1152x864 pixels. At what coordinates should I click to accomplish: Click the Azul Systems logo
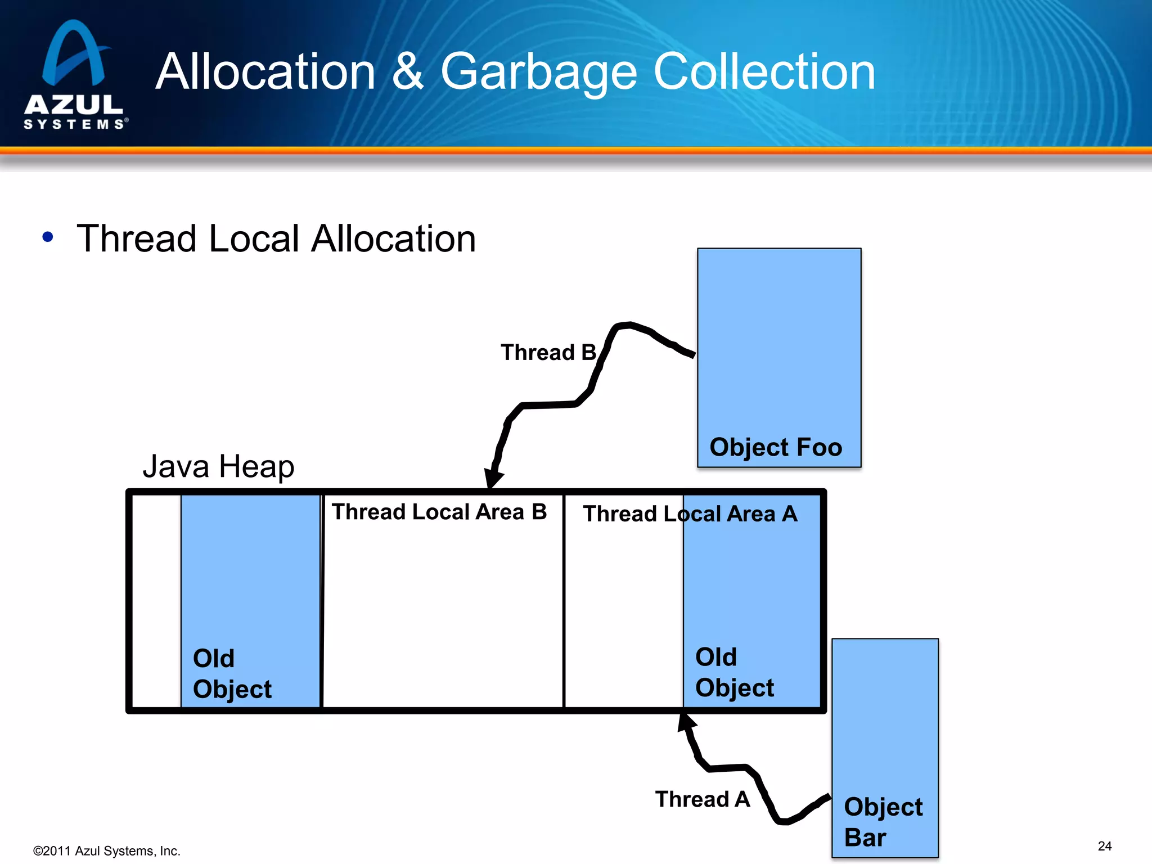pyautogui.click(x=74, y=75)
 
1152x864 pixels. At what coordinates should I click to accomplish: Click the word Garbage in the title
pyautogui.click(x=538, y=72)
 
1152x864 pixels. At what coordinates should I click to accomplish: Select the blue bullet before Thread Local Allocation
pyautogui.click(x=48, y=237)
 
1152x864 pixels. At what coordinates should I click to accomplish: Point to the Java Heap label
pyautogui.click(x=218, y=466)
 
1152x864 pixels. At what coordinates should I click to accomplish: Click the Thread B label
pyautogui.click(x=548, y=353)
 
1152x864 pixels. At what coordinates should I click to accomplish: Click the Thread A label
pyautogui.click(x=702, y=799)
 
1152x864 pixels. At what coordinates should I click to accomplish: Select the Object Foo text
pyautogui.click(x=776, y=447)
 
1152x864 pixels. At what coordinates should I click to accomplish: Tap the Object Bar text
pyautogui.click(x=883, y=822)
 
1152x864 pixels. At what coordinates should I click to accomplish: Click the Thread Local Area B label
pyautogui.click(x=439, y=512)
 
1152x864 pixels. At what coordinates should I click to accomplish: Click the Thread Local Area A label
pyautogui.click(x=690, y=514)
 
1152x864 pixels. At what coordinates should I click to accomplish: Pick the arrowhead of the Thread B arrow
pyautogui.click(x=493, y=478)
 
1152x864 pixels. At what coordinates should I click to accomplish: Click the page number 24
pyautogui.click(x=1105, y=846)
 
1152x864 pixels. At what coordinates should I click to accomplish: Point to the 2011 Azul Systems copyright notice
pyautogui.click(x=106, y=851)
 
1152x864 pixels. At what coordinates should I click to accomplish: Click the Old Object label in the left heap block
pyautogui.click(x=232, y=673)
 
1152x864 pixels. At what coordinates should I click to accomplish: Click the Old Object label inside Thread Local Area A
pyautogui.click(x=734, y=672)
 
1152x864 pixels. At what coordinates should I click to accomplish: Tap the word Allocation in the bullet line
pyautogui.click(x=393, y=238)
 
